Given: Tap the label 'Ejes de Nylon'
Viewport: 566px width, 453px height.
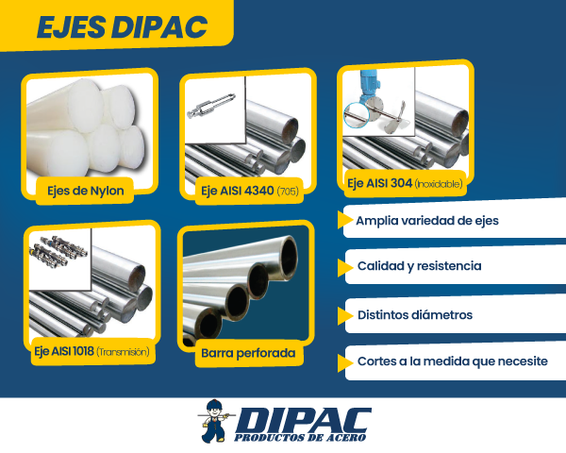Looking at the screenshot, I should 86,191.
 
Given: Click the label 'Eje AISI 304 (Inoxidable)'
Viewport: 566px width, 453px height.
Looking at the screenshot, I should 405,182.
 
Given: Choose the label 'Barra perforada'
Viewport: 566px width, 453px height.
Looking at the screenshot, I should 248,355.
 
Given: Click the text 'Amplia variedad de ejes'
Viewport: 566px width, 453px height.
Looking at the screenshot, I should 427,222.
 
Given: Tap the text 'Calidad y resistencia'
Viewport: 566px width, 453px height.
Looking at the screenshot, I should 419,266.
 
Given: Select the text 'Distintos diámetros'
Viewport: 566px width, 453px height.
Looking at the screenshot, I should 414,314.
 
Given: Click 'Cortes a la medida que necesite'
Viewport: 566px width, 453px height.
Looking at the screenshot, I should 452,361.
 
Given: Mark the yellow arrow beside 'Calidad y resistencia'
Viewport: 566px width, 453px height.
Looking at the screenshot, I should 341,266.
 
